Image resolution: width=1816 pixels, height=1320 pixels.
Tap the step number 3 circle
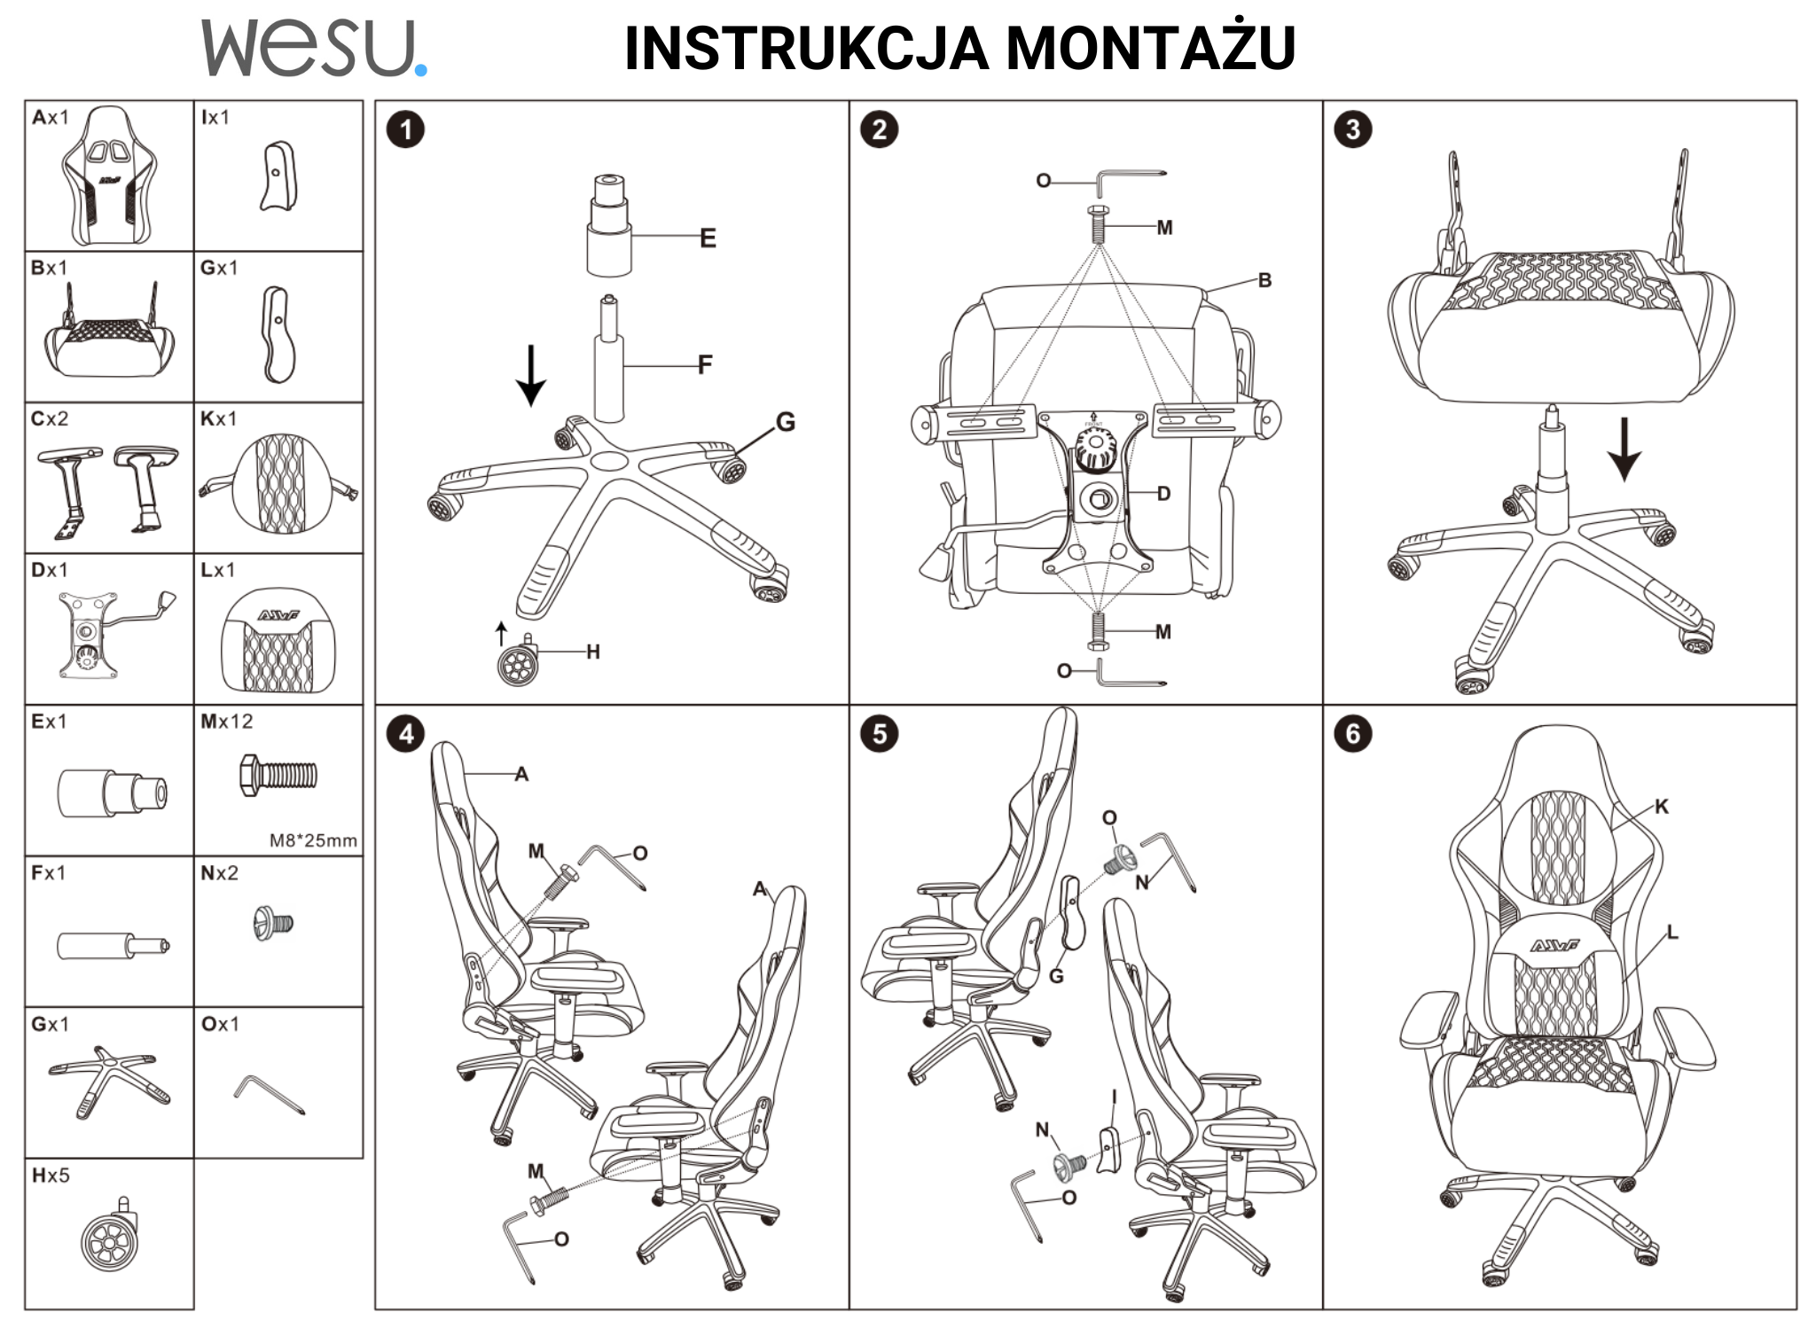(x=1352, y=129)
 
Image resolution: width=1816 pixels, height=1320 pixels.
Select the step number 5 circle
(x=879, y=734)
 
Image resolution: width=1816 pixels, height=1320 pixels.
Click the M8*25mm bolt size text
(x=313, y=840)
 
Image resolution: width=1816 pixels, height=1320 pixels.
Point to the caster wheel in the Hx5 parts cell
(x=110, y=1237)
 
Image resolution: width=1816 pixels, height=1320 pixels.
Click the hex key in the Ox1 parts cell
(x=270, y=1095)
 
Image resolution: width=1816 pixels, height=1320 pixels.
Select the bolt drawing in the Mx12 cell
(x=278, y=776)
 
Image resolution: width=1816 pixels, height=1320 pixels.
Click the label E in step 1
(x=708, y=238)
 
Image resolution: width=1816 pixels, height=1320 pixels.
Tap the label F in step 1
(x=705, y=364)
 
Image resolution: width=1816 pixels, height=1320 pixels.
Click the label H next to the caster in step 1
(x=593, y=652)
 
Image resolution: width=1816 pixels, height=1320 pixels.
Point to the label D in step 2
(x=1163, y=494)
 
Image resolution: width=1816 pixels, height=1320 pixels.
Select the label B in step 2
(x=1264, y=280)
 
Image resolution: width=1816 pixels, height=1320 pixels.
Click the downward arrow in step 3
(x=1624, y=449)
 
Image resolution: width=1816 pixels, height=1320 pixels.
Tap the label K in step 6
(x=1662, y=806)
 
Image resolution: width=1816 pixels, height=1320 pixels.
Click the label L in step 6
(x=1672, y=932)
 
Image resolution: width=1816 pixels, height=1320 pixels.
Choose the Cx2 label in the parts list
(x=50, y=418)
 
